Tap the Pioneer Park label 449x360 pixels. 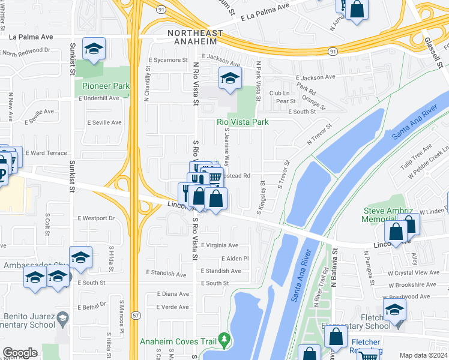pos(106,86)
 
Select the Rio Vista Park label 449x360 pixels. pos(242,122)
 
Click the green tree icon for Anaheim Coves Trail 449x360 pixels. pos(224,341)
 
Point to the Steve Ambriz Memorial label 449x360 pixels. pos(388,215)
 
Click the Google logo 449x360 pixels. pos(20,353)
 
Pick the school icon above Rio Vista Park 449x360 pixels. pos(230,79)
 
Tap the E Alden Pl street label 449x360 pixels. pos(235,259)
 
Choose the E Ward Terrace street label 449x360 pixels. pos(46,153)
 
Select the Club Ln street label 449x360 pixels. pos(279,93)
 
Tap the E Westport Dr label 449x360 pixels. pos(96,218)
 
